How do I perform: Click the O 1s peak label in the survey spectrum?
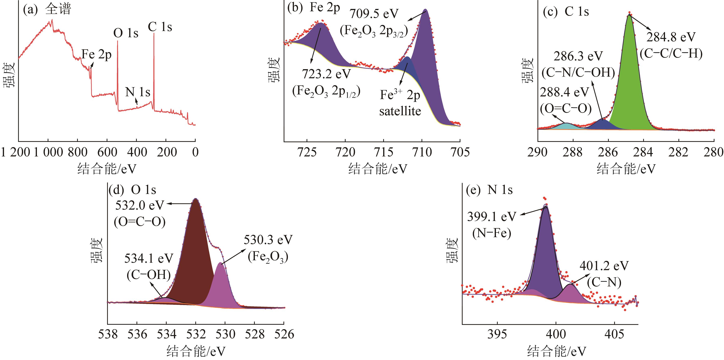[x=126, y=33]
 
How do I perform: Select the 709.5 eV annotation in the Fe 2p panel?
[x=374, y=14]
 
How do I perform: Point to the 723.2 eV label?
[x=326, y=74]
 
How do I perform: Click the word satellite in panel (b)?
[x=400, y=111]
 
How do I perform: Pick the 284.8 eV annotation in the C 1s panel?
[x=671, y=37]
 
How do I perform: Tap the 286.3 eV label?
[x=578, y=56]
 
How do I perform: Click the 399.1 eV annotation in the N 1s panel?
[x=492, y=217]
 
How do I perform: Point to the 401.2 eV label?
[x=604, y=266]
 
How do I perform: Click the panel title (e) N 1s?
[x=489, y=190]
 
